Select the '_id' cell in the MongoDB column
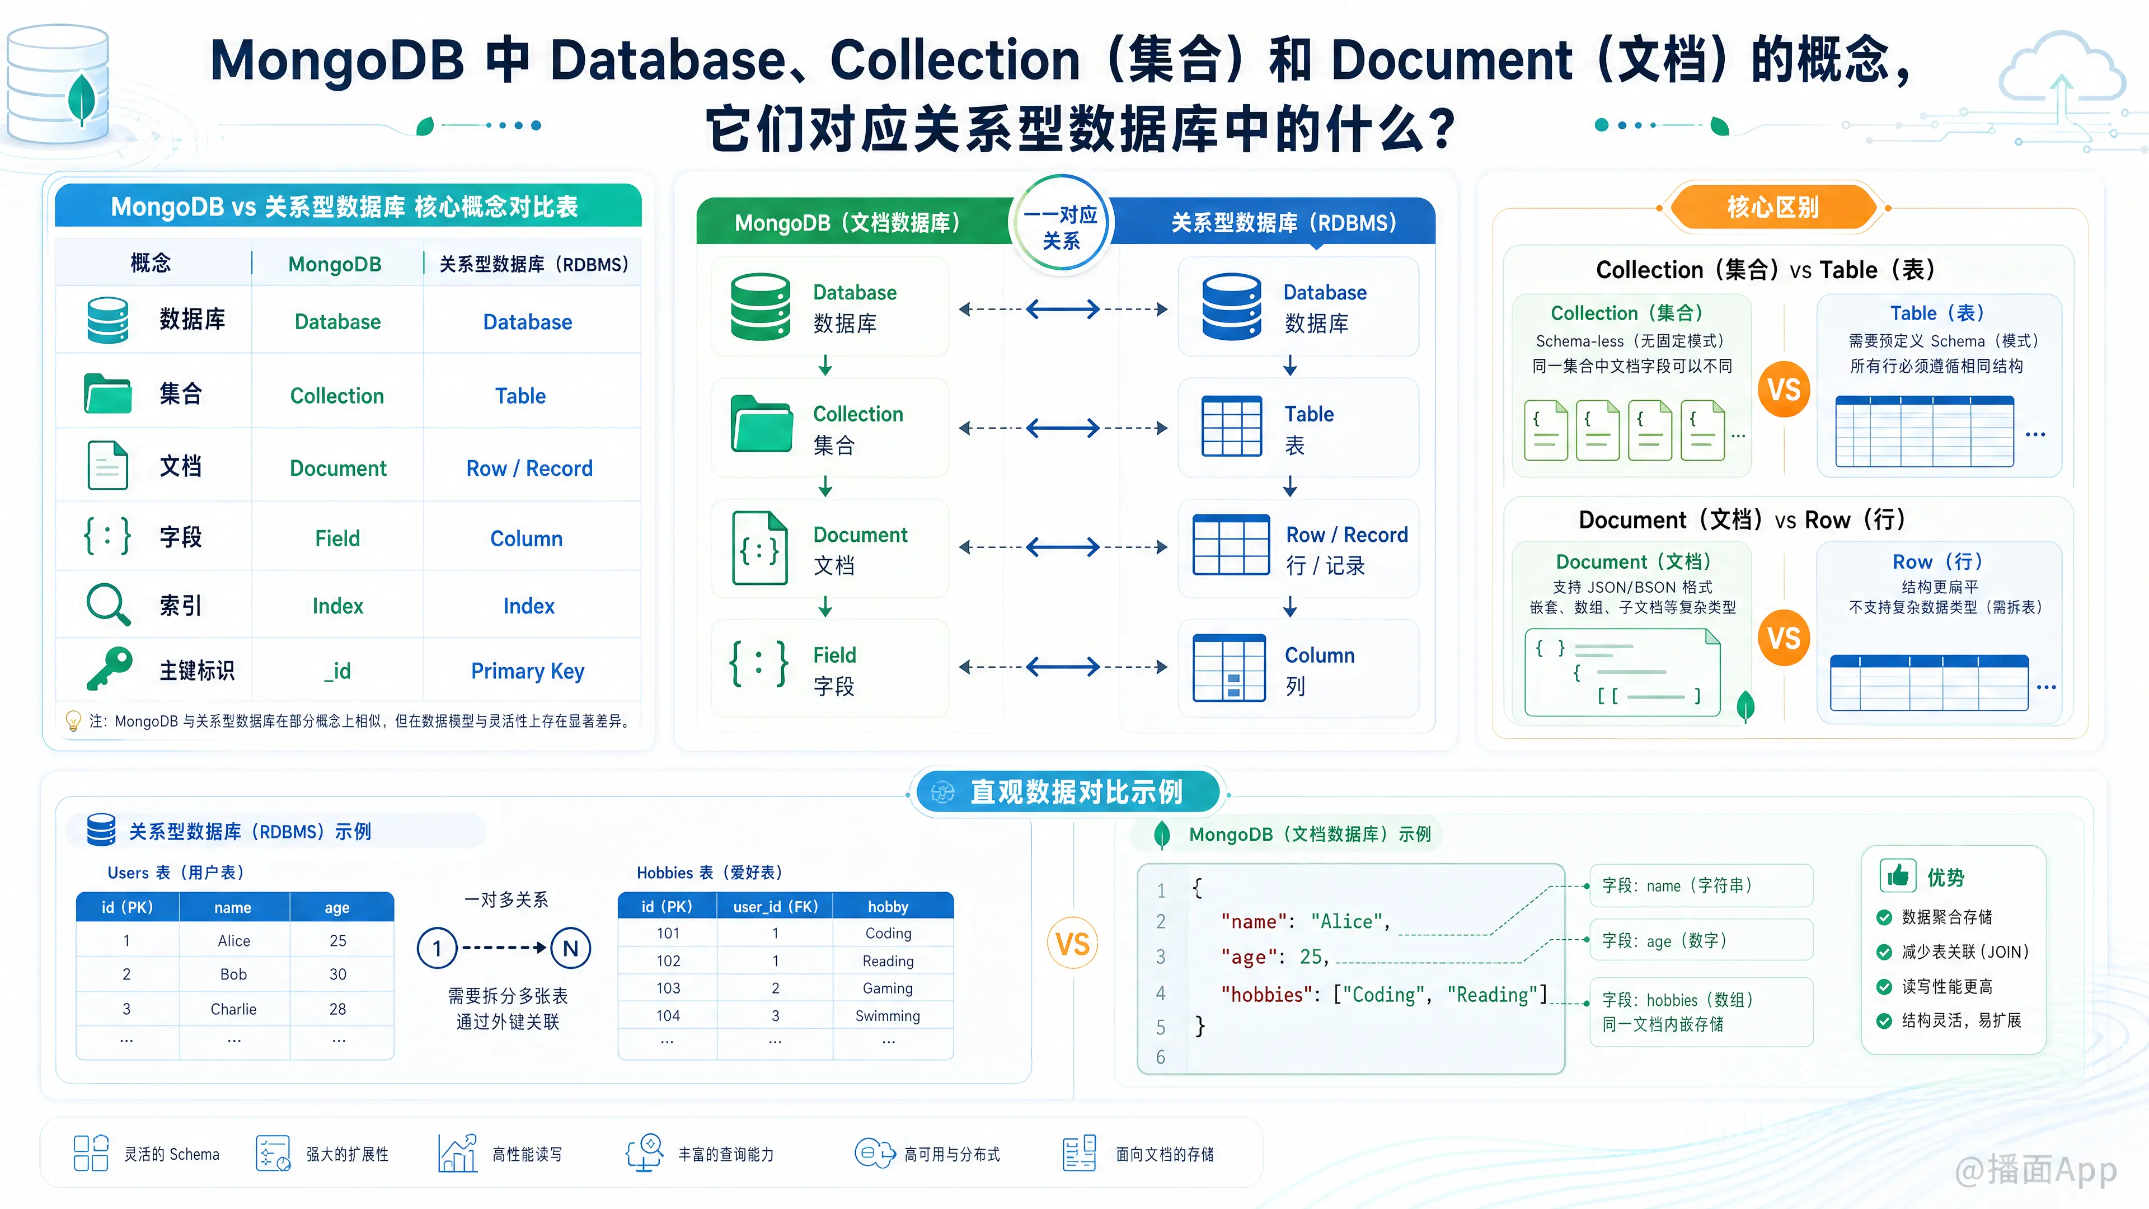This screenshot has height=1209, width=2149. click(x=338, y=671)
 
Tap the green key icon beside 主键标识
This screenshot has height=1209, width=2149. click(x=109, y=668)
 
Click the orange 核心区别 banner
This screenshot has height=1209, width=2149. click(x=1773, y=207)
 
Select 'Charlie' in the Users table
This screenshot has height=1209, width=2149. click(x=233, y=1009)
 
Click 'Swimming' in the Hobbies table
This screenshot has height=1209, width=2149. click(x=888, y=1015)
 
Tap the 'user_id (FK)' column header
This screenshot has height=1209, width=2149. click(x=775, y=907)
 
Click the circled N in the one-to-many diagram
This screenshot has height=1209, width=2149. click(x=571, y=948)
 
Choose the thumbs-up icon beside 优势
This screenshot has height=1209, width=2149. click(x=1898, y=875)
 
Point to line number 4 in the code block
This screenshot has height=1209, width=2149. click(x=1161, y=993)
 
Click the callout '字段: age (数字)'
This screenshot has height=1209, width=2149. click(x=1664, y=940)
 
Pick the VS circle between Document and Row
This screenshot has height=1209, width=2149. click(x=1784, y=638)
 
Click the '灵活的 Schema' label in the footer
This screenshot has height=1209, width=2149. click(x=172, y=1154)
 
